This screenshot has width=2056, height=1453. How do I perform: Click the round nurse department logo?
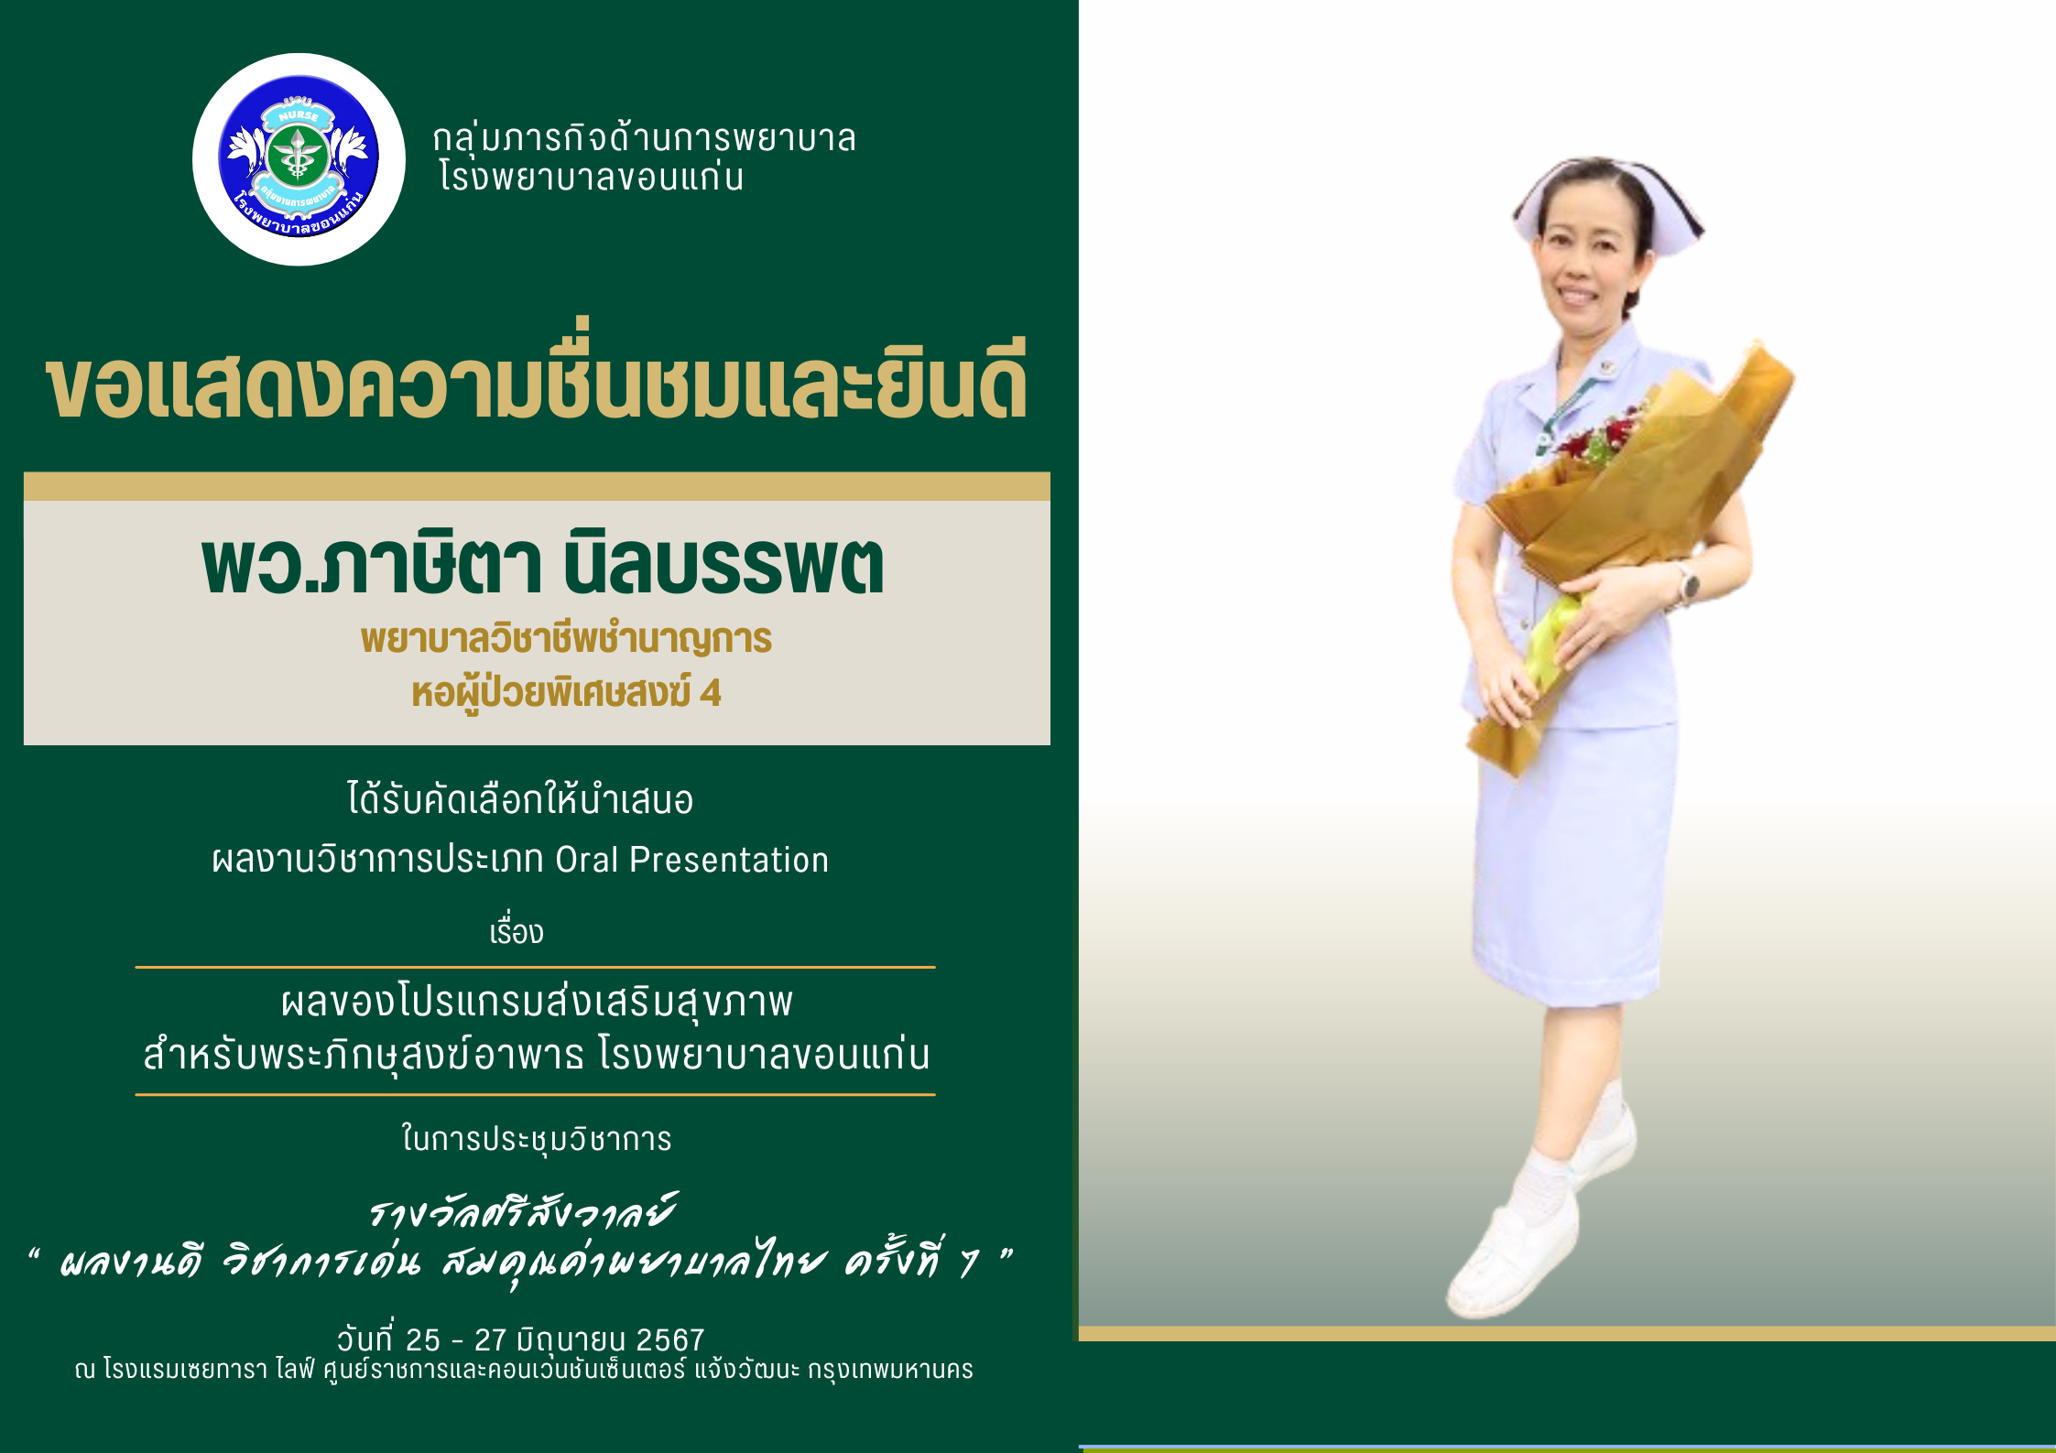tap(299, 159)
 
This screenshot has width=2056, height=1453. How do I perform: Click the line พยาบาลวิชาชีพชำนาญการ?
tap(566, 638)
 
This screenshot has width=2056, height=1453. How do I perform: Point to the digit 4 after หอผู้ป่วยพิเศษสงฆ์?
tap(711, 693)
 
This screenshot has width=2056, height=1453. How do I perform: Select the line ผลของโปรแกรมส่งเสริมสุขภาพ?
tap(537, 1001)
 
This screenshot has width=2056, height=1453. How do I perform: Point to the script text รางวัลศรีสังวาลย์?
tap(522, 1210)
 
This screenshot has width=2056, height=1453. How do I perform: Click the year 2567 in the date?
tap(670, 1340)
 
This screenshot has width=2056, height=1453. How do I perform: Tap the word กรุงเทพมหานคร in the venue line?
tap(890, 1371)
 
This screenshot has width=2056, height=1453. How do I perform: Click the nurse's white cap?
tap(1606, 201)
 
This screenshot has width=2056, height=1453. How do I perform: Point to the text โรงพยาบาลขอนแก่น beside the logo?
tap(591, 177)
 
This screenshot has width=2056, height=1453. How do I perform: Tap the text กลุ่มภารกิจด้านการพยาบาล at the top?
tap(644, 138)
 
